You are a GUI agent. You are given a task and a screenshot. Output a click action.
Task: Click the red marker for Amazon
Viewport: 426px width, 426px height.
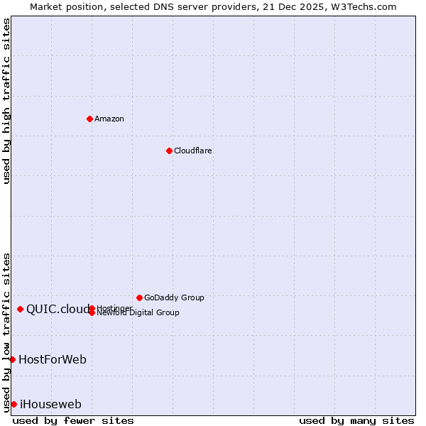click(89, 119)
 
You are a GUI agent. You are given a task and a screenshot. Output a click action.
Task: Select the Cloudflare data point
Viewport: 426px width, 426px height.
click(169, 151)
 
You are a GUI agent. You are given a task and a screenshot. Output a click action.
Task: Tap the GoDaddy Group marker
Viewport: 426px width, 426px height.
click(139, 297)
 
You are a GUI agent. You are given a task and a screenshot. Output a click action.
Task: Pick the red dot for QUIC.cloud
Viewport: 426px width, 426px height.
click(21, 309)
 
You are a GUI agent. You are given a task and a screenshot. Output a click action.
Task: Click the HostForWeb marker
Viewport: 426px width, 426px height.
click(12, 359)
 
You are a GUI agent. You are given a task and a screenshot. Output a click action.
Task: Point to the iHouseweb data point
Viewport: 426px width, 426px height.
click(13, 404)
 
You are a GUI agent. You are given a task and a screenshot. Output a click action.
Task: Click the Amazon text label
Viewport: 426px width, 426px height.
click(109, 119)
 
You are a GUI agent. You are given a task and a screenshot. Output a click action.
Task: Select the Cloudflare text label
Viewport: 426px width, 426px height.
click(193, 151)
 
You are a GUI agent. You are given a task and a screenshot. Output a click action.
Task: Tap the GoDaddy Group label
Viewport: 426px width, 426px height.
click(174, 297)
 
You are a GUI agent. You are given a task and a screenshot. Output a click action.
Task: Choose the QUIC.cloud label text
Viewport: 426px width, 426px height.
click(58, 309)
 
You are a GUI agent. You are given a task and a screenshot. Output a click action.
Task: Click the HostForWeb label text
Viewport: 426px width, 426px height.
click(53, 359)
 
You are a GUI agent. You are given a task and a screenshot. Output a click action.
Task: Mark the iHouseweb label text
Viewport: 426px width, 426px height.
click(50, 404)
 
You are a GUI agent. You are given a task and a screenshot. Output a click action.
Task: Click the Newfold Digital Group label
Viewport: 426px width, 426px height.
click(138, 313)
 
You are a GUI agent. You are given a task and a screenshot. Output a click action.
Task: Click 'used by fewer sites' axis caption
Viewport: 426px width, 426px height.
click(73, 420)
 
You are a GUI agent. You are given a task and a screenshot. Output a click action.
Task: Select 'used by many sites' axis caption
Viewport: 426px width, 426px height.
click(356, 420)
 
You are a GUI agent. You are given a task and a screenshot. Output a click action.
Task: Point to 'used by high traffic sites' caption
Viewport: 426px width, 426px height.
click(7, 101)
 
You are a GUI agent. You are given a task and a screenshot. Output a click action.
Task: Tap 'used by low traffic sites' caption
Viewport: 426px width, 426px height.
click(7, 332)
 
